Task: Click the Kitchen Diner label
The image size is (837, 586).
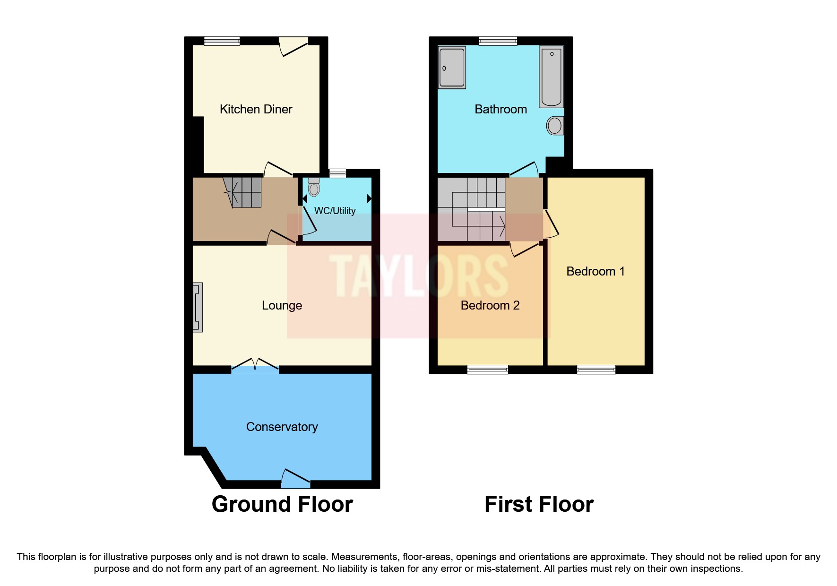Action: (x=256, y=109)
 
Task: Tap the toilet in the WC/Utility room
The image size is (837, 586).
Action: (x=314, y=188)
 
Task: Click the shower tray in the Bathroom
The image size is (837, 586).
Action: (x=452, y=67)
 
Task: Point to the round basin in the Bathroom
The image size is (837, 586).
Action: (x=555, y=126)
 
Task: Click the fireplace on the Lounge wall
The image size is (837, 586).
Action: (x=198, y=307)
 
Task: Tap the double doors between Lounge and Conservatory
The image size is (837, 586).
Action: (x=255, y=364)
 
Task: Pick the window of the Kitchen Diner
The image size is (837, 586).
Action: (x=222, y=41)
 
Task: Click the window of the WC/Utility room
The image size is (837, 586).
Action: (x=337, y=173)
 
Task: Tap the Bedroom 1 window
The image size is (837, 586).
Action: (x=596, y=370)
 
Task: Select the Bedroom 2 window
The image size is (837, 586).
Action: (x=488, y=370)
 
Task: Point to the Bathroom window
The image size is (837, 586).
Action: (x=498, y=41)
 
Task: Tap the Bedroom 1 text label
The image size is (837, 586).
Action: (x=595, y=271)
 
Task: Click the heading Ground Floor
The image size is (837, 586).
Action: (x=282, y=504)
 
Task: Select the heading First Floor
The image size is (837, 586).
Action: (x=539, y=504)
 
